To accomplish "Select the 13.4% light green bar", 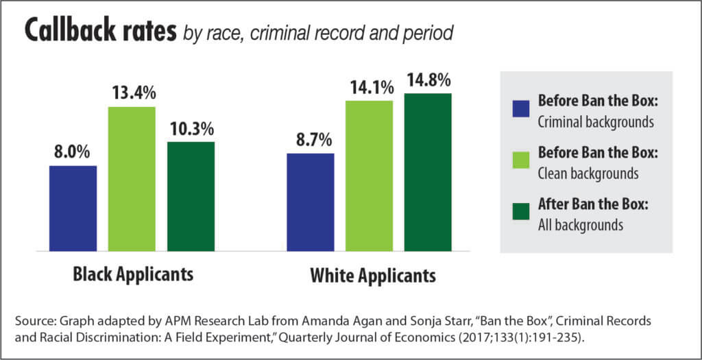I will (132, 178).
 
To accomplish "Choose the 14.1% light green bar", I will (369, 175).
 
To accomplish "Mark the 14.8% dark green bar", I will (428, 171).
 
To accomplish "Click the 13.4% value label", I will (132, 94).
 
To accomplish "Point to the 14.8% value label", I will (428, 80).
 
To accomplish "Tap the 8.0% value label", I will (73, 152).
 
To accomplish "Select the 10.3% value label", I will (190, 128).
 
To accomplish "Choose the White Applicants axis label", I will (373, 277).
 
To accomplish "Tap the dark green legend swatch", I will (520, 213).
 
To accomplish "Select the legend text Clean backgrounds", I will (588, 173).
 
